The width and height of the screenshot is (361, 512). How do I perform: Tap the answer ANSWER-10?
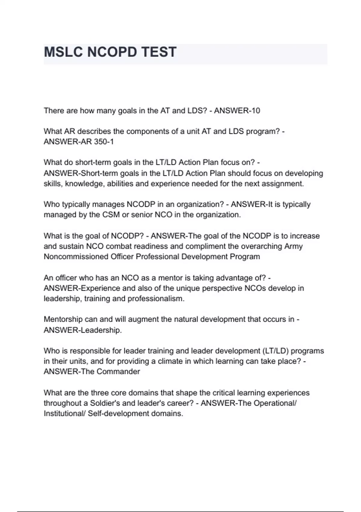(x=237, y=111)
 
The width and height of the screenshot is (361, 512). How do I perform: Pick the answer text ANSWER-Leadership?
(x=82, y=330)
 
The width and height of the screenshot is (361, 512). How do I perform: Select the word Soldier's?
(x=105, y=403)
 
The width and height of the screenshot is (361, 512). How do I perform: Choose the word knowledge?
(x=84, y=184)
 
